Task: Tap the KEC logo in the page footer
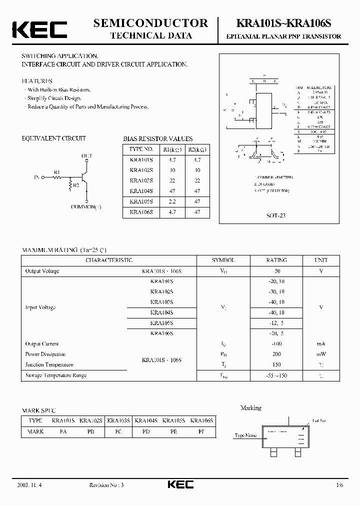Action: pyautogui.click(x=179, y=484)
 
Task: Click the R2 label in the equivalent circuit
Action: pyautogui.click(x=76, y=185)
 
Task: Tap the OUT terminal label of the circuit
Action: pyautogui.click(x=86, y=156)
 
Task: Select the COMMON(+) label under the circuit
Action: pyautogui.click(x=85, y=207)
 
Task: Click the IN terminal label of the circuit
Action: pyautogui.click(x=36, y=177)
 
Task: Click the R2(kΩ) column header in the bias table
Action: pyautogui.click(x=197, y=149)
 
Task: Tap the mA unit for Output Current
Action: pyautogui.click(x=320, y=344)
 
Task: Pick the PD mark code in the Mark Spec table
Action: pyautogui.click(x=146, y=431)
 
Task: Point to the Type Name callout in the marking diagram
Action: pyautogui.click(x=245, y=435)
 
